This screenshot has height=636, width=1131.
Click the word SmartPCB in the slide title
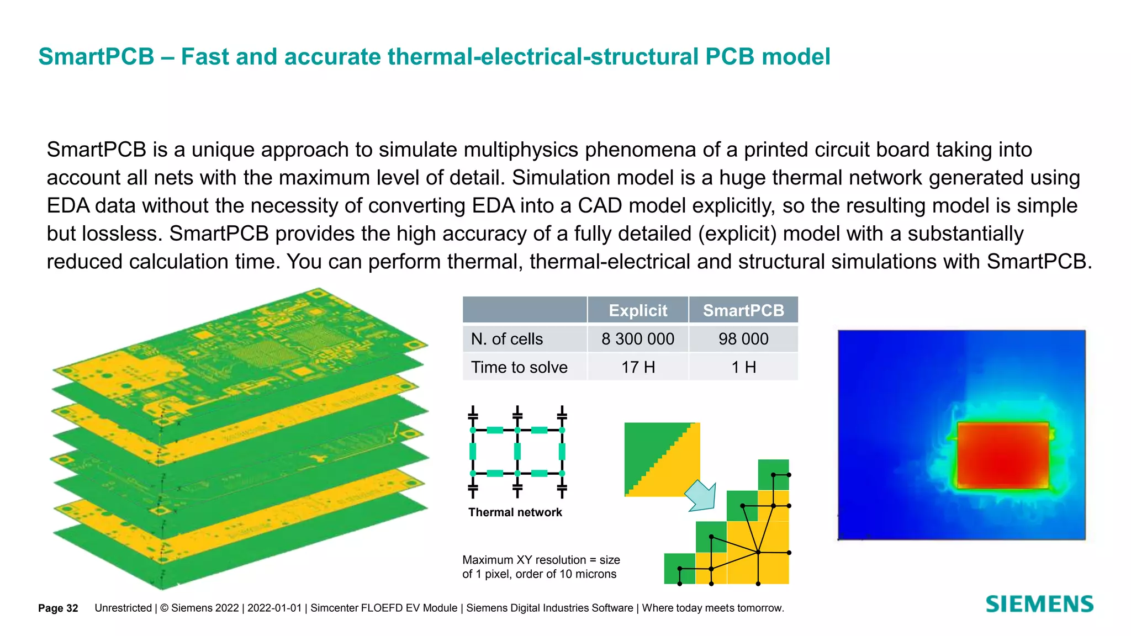click(x=97, y=57)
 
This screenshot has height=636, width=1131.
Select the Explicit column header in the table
click(x=638, y=310)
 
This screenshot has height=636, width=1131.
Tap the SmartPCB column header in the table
click(x=743, y=310)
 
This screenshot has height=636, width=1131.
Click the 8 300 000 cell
click(x=638, y=339)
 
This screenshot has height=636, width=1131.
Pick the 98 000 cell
click(x=743, y=339)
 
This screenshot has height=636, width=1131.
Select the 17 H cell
click(x=638, y=367)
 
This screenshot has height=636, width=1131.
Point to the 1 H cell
click(x=743, y=367)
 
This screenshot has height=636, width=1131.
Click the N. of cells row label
click(x=507, y=339)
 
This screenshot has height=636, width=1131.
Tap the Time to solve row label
click(x=519, y=367)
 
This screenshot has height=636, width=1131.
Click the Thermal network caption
click(x=515, y=512)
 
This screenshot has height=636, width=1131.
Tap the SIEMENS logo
click(x=1039, y=605)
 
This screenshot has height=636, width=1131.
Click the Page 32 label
click(x=58, y=608)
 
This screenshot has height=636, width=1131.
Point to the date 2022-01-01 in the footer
click(x=274, y=608)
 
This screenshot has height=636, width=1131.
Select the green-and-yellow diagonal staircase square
click(x=662, y=459)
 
